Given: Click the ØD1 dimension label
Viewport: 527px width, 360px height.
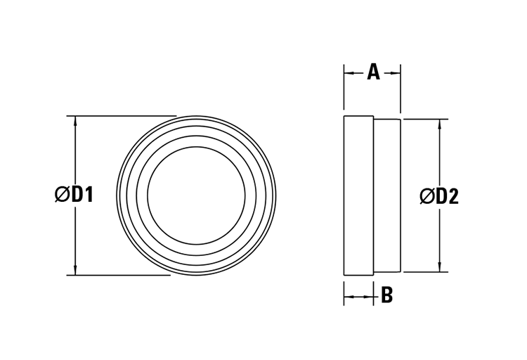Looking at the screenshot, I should click(x=74, y=195).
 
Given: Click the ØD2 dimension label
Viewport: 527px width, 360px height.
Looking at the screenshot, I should click(x=439, y=196).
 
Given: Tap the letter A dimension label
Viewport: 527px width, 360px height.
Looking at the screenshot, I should click(x=373, y=72).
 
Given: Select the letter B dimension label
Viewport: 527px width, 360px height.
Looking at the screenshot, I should click(x=386, y=295).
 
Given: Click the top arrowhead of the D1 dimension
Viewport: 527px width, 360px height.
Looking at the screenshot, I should click(x=74, y=121).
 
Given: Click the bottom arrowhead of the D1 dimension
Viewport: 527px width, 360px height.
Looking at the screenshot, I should click(x=74, y=270).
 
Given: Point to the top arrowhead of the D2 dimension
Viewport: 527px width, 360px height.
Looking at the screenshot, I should click(x=440, y=124).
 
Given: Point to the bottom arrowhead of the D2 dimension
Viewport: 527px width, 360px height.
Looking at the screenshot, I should click(x=440, y=266).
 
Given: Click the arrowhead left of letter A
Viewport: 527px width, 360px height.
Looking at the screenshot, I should click(x=349, y=72).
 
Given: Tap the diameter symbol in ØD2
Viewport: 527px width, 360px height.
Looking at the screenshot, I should click(x=427, y=196).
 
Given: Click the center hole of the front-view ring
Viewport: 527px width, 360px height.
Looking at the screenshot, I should click(x=196, y=195).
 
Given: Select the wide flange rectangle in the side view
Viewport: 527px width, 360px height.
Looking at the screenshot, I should click(x=358, y=195).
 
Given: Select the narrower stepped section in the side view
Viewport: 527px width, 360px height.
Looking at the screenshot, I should click(x=386, y=195).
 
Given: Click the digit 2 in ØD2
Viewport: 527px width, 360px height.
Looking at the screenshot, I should click(x=453, y=196).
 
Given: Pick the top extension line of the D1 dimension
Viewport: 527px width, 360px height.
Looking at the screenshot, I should click(x=123, y=115).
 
